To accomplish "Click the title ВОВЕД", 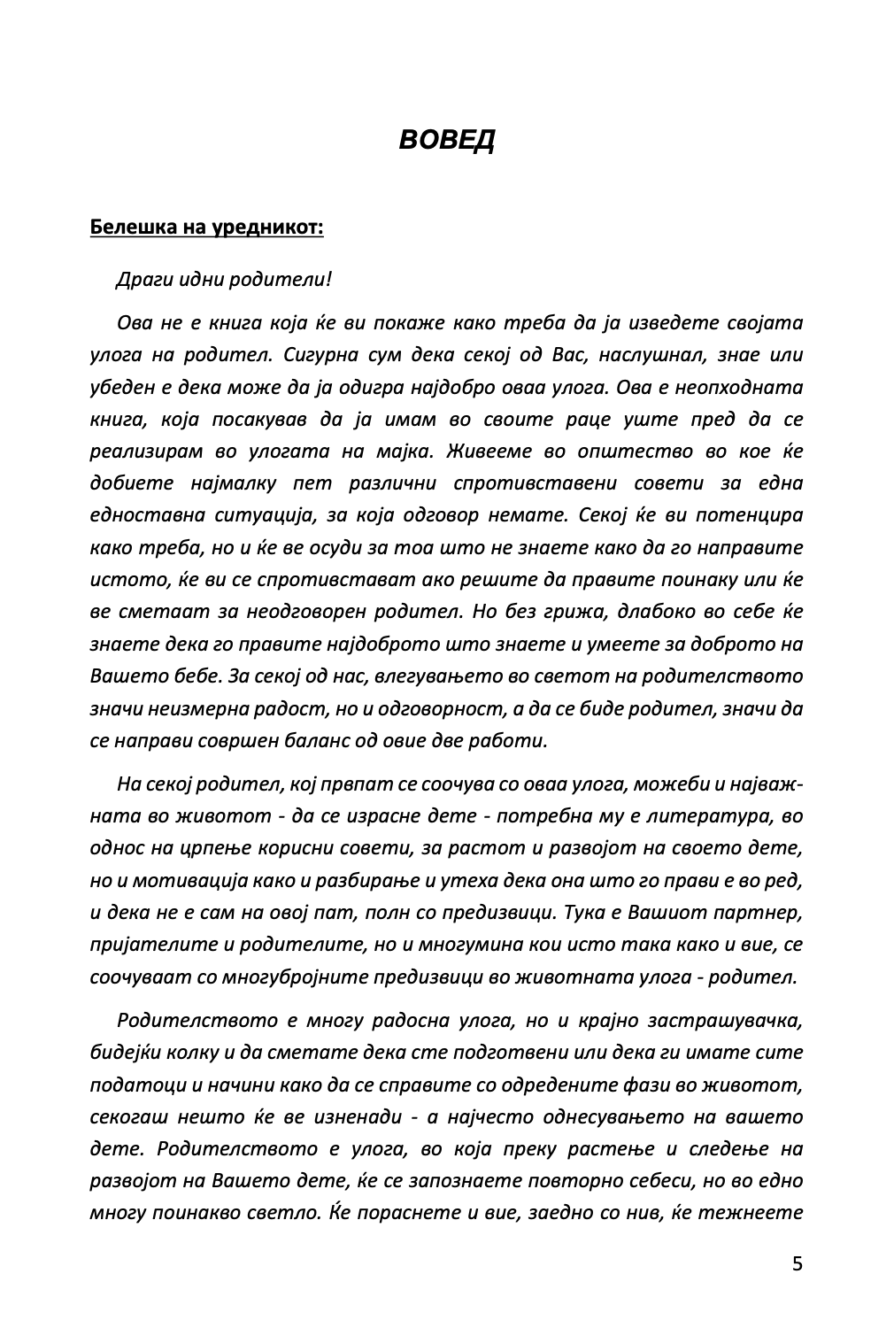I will pyautogui.click(x=446, y=140).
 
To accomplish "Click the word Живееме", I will pyautogui.click(x=489, y=452).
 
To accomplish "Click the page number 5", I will pyautogui.click(x=798, y=1263).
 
